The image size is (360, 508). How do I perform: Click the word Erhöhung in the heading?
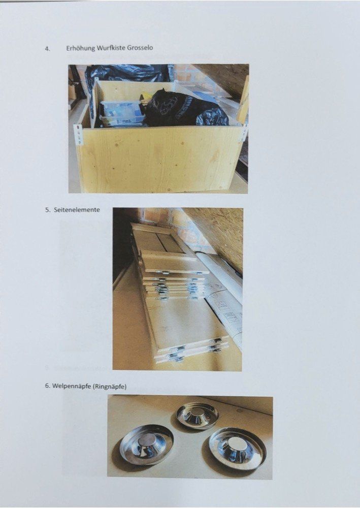pyautogui.click(x=81, y=48)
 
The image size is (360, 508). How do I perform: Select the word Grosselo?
pyautogui.click(x=140, y=48)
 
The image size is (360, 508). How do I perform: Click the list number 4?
pyautogui.click(x=48, y=49)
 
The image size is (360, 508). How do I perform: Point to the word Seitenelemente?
pyautogui.click(x=77, y=210)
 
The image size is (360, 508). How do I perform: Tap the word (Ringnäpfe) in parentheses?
pyautogui.click(x=110, y=387)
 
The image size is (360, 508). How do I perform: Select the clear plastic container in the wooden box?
pyautogui.click(x=121, y=113)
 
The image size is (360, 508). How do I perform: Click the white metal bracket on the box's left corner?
pyautogui.click(x=78, y=135)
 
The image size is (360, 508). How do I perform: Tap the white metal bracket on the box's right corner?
pyautogui.click(x=243, y=133)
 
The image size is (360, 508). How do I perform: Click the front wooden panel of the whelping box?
pyautogui.click(x=160, y=158)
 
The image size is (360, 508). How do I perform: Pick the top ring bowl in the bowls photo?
pyautogui.click(x=198, y=416)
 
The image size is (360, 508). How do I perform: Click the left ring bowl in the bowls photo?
pyautogui.click(x=146, y=444)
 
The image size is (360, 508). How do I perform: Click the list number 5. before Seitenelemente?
pyautogui.click(x=48, y=210)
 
